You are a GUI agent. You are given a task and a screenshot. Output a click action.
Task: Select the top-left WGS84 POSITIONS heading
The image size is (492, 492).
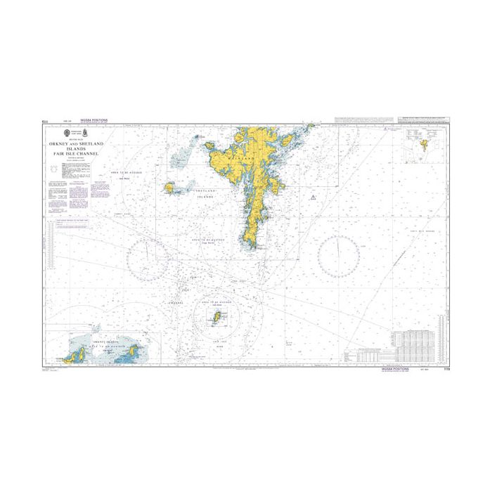(x=93, y=121)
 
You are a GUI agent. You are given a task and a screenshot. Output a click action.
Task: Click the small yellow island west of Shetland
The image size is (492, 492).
(x=169, y=188)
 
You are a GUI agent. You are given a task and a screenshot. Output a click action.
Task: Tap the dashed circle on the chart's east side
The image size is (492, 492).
(x=339, y=254)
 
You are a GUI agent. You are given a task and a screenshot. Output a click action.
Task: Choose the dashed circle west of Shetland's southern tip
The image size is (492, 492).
(x=148, y=256)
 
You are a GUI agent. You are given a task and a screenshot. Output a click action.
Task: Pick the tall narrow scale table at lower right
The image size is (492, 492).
(x=442, y=337)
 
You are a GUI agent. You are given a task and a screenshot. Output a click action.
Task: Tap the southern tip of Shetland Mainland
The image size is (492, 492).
(x=250, y=247)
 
